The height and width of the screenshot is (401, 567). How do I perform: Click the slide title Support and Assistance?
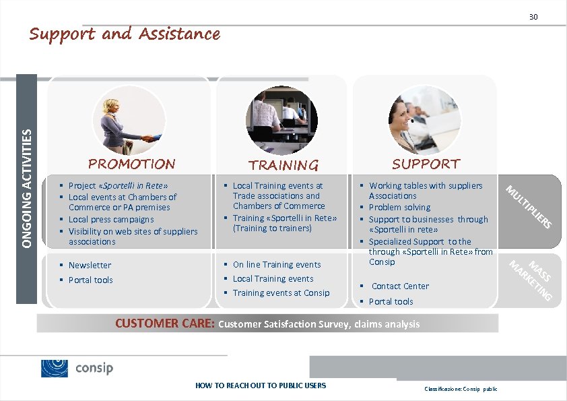click(125, 34)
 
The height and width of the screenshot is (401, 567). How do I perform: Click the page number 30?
click(533, 16)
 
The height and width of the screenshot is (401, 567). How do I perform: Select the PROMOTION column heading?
click(132, 164)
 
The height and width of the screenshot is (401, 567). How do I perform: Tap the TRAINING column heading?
click(283, 165)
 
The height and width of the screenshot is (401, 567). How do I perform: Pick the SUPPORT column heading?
click(426, 164)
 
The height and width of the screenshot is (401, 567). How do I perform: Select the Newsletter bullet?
click(90, 266)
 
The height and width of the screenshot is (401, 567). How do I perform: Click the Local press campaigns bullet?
click(111, 220)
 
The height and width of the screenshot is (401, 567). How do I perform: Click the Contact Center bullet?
click(400, 286)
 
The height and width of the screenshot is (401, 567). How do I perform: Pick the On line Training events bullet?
click(277, 265)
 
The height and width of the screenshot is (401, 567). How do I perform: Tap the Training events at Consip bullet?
click(281, 293)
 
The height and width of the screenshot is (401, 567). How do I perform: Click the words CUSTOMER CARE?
click(164, 323)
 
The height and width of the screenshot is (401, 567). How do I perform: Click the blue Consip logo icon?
click(55, 369)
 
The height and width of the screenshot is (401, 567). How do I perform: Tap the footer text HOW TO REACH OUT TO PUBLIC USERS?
click(261, 385)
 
